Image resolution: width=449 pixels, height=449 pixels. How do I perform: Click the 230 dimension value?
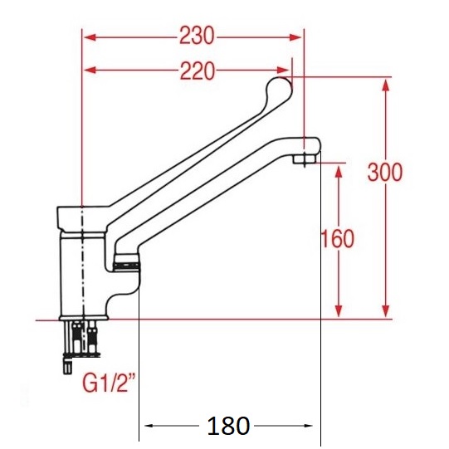click(197, 37)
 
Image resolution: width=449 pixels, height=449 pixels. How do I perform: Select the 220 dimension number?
click(197, 71)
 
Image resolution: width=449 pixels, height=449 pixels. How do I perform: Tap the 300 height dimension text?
click(386, 172)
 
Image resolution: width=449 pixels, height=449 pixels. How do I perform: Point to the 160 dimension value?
click(338, 239)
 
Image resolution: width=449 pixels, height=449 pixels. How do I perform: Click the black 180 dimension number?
click(227, 427)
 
